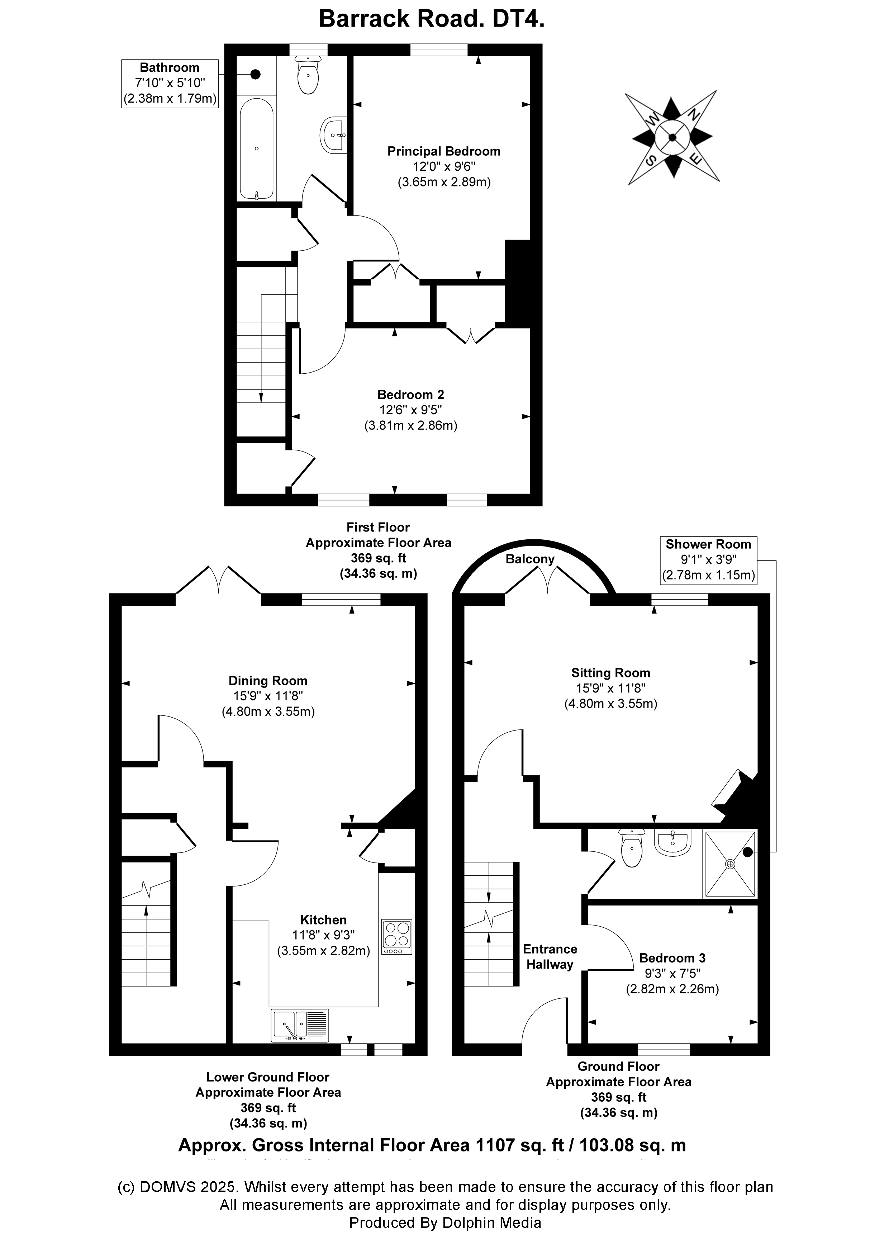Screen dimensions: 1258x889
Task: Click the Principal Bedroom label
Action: [444, 151]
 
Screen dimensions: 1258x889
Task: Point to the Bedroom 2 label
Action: [410, 394]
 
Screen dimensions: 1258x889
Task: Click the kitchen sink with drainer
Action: [300, 1025]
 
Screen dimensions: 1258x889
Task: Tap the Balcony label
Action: [530, 559]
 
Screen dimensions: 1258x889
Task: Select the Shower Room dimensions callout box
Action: [708, 560]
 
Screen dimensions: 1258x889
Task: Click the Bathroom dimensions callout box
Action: [170, 83]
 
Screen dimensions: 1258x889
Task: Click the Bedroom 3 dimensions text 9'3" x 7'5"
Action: [672, 973]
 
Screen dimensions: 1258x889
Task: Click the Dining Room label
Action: [268, 681]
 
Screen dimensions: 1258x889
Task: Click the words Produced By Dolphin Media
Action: [445, 1222]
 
